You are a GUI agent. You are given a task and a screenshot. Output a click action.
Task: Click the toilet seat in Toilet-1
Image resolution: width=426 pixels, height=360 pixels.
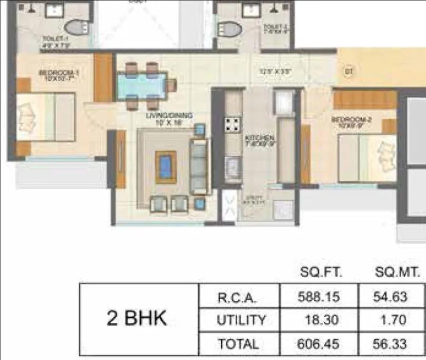click(76, 28)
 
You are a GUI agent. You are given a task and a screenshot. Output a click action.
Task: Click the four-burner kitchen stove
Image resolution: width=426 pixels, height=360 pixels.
click(232, 125)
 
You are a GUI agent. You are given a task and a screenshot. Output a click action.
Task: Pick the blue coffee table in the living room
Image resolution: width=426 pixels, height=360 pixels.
click(166, 167)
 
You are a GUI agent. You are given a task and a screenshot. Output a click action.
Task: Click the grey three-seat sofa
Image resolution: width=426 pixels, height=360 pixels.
click(199, 167)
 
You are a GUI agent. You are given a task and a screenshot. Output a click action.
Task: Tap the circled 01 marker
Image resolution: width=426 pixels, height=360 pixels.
click(348, 72)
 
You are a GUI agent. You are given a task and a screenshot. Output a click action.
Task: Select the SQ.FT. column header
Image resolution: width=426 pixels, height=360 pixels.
click(321, 273)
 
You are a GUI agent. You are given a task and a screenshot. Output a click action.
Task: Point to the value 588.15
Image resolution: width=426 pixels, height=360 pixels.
click(319, 297)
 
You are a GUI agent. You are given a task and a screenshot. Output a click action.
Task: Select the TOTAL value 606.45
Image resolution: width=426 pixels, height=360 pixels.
click(319, 344)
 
